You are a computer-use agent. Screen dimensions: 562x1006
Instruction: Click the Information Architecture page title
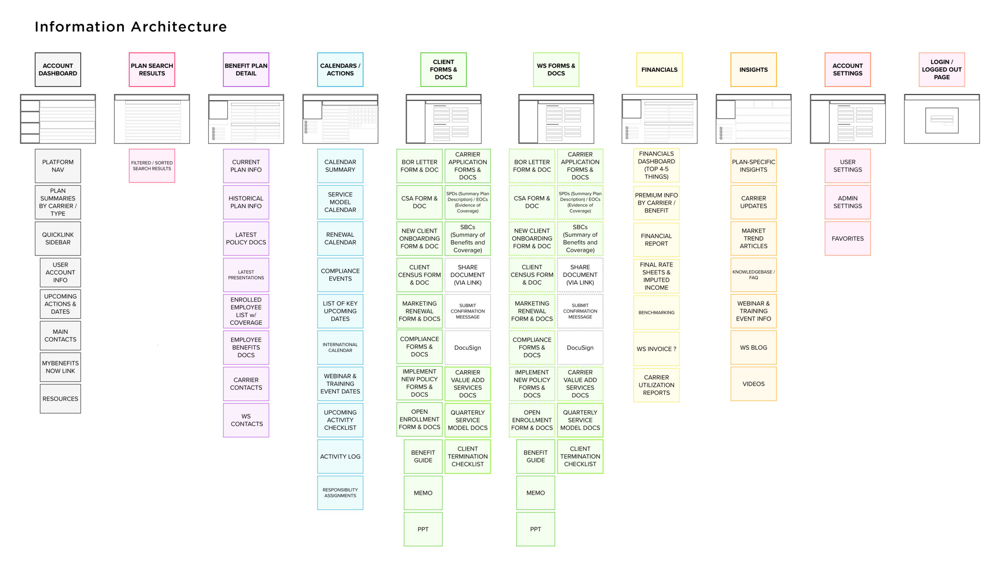[130, 27]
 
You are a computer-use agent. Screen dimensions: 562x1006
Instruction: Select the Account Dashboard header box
[58, 70]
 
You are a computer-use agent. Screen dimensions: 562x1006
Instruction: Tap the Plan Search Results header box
[152, 70]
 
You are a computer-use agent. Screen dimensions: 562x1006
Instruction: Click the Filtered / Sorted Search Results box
[152, 166]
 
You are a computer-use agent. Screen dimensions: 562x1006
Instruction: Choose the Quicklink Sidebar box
[58, 238]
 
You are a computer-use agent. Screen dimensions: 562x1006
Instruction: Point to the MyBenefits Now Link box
[60, 367]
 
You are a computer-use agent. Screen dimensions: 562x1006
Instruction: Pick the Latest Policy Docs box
[246, 238]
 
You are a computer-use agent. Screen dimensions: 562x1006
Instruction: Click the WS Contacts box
[246, 420]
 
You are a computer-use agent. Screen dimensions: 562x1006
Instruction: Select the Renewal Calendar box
[340, 238]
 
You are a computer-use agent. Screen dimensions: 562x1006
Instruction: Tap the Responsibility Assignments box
[340, 493]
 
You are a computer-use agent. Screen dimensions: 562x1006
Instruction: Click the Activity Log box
[340, 456]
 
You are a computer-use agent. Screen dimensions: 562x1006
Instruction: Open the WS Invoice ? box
[656, 349]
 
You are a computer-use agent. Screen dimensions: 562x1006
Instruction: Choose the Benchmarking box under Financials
[656, 313]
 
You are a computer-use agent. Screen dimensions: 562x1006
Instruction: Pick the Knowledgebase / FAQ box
[753, 275]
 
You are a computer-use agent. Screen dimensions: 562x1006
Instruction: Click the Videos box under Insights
[753, 384]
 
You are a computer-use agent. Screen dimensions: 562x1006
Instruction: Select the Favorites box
[848, 238]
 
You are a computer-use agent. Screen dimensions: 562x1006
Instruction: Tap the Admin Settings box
[848, 202]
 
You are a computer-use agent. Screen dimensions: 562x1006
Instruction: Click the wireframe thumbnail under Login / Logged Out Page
[942, 119]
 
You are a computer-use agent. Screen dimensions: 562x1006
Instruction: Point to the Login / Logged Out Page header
[942, 70]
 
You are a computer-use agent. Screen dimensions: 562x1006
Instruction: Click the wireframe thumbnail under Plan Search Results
[152, 119]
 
